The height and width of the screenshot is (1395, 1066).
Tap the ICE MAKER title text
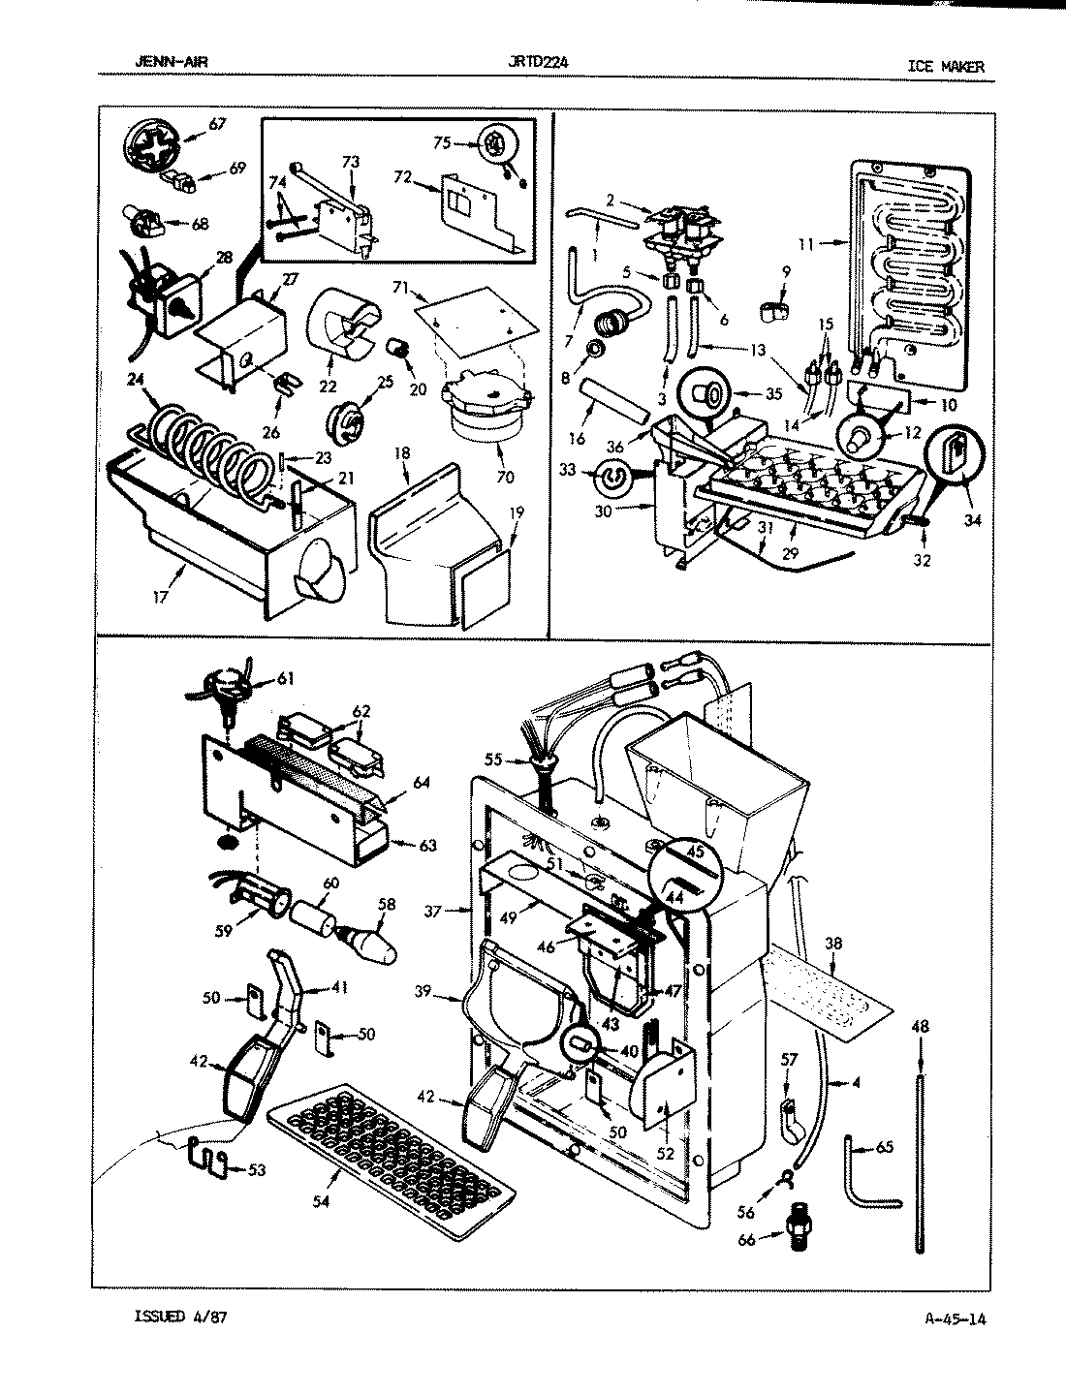coord(945,66)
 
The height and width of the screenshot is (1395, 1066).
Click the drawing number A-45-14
coord(949,1317)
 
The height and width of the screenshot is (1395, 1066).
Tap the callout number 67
coord(217,124)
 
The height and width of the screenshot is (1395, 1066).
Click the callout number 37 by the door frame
coord(433,911)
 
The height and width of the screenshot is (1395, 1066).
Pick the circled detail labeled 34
coord(956,455)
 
